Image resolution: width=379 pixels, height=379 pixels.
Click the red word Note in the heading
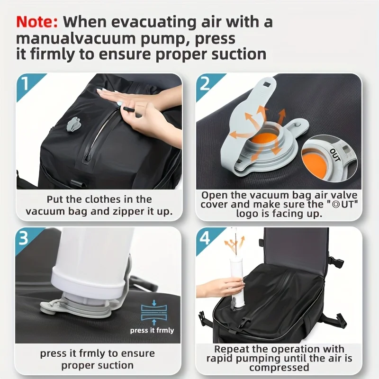pos(37,22)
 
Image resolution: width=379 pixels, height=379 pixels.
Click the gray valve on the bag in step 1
pos(73,124)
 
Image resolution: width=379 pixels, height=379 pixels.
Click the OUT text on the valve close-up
pos(335,155)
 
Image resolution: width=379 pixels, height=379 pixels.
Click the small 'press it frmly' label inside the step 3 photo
pos(152,330)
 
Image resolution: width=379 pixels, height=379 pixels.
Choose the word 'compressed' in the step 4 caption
pos(279,368)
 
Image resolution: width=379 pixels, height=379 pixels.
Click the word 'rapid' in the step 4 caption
pos(220,359)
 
